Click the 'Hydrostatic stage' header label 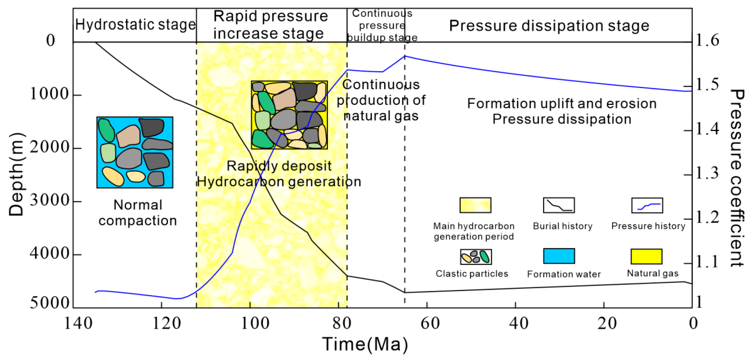[135, 25]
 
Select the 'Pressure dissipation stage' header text [549, 26]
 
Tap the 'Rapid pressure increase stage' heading [270, 25]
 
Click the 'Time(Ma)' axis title [365, 344]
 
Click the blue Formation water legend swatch [559, 256]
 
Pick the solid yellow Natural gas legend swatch [646, 256]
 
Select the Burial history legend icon [559, 205]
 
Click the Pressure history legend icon [647, 205]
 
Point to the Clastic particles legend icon [475, 257]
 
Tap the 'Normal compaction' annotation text [138, 213]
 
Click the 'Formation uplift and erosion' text [562, 104]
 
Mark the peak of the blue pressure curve [405, 56]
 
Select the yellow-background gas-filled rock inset [289, 115]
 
